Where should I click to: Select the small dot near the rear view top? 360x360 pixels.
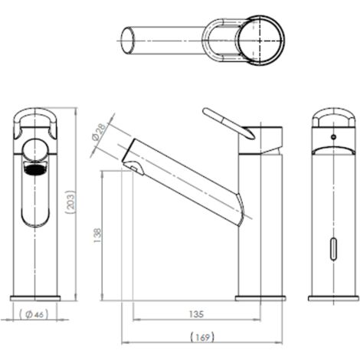pyautogui.click(x=334, y=139)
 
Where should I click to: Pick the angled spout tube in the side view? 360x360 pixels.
pyautogui.click(x=188, y=180)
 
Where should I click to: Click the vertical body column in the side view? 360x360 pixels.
pyautogui.click(x=260, y=230)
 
